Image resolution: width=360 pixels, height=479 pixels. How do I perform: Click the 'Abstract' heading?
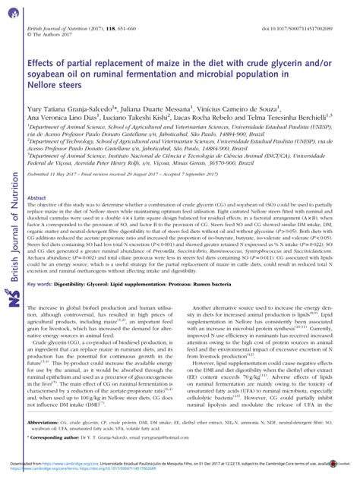coord(36,197)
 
